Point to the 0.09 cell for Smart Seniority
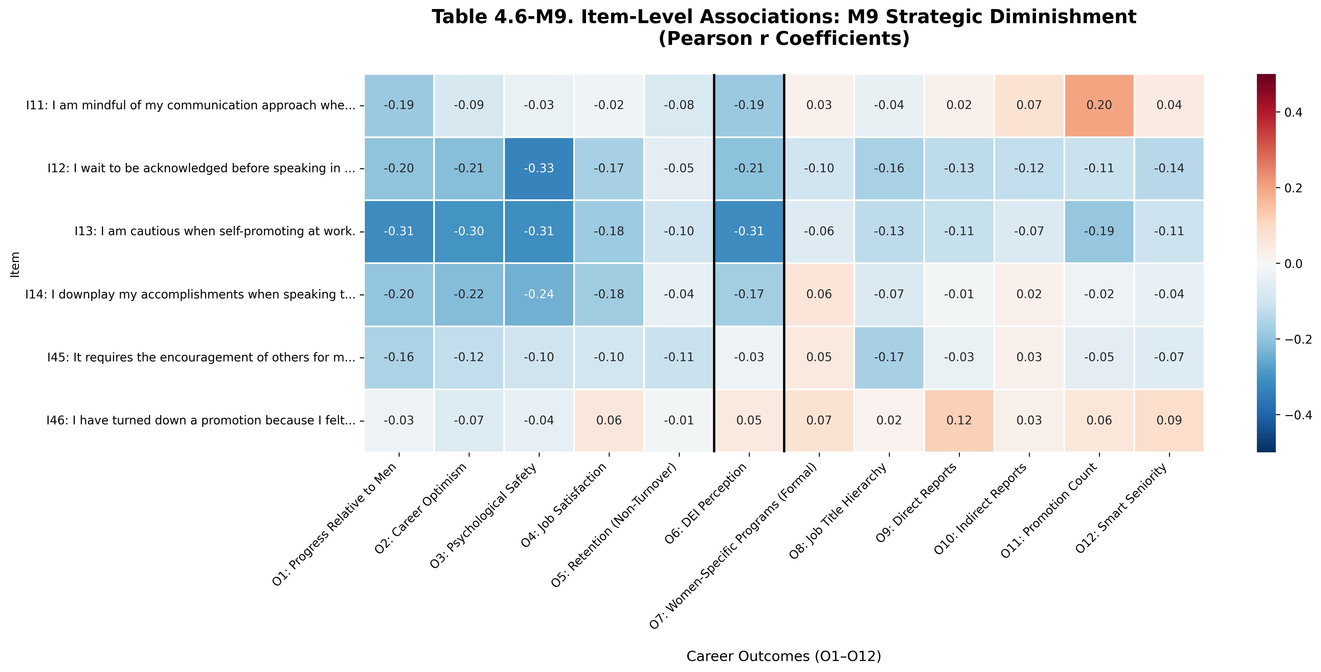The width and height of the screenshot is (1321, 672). coord(1169,421)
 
